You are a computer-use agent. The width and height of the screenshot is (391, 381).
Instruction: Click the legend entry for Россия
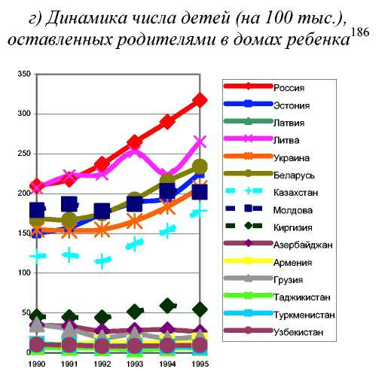pos(289,88)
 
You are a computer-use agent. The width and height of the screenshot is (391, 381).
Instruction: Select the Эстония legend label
pos(292,105)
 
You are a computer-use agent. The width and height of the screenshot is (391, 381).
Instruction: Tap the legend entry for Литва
pos(286,140)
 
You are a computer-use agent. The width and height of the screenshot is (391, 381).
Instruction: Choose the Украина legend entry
pos(292,158)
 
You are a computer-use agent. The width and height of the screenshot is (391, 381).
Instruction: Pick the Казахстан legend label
pos(295,193)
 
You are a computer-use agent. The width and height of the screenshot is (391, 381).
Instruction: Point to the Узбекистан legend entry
pos(298,332)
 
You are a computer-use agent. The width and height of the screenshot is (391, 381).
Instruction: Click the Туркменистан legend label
pos(304,315)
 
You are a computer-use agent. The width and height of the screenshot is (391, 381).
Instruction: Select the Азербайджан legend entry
pos(303,245)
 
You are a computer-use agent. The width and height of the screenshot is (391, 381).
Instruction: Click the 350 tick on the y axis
pos(24,74)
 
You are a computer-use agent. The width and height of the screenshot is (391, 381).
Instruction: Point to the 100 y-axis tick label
pos(24,273)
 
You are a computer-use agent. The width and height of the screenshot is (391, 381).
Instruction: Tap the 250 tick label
pos(24,154)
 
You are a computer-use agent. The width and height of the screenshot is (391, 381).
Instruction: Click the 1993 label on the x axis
pos(135,364)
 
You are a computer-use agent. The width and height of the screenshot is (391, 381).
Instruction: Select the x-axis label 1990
pos(37,364)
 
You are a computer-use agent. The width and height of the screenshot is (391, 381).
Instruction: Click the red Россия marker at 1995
pos(200,100)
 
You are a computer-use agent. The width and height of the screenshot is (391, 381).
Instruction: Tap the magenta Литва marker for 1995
pos(200,142)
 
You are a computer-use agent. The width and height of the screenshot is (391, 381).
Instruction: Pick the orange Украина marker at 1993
pos(135,221)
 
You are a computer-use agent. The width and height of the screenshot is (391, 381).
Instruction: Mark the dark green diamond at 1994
pos(167,306)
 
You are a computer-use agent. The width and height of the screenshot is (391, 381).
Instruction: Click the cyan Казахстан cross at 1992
pos(102,261)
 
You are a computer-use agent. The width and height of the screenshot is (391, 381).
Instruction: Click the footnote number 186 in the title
pos(359,32)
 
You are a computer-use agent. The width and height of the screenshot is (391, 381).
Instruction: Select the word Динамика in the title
pos(86,18)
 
